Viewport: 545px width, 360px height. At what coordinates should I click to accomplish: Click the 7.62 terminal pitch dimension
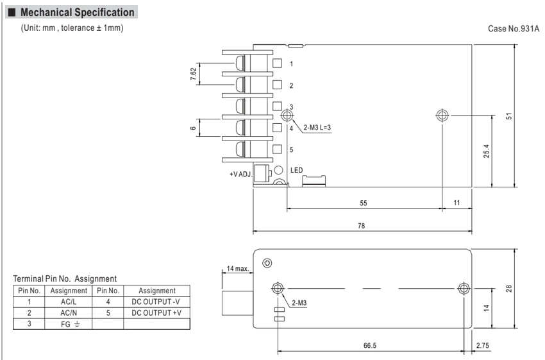[x=194, y=74]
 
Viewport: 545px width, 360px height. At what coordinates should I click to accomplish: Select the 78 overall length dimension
[x=362, y=226]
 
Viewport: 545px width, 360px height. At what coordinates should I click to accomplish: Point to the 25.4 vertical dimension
[x=486, y=151]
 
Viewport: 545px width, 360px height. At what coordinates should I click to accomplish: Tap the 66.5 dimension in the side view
[x=370, y=345]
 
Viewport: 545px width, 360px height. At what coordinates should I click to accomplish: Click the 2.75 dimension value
[x=482, y=345]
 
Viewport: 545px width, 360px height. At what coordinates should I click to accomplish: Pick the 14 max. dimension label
[x=238, y=268]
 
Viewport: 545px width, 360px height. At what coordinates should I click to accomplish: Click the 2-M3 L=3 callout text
[x=317, y=128]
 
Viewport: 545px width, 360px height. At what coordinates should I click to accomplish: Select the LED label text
[x=296, y=170]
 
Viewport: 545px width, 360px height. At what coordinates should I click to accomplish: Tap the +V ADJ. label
[x=240, y=174]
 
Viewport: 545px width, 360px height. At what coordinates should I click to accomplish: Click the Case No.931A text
[x=514, y=28]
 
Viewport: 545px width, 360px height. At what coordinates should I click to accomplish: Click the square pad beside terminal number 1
[x=277, y=63]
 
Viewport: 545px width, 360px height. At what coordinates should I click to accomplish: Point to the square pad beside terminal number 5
[x=277, y=149]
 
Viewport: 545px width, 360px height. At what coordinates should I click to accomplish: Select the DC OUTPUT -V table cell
[x=156, y=302]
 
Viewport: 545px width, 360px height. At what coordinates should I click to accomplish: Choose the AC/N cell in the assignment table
[x=69, y=313]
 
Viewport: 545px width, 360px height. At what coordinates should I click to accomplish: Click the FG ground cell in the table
[x=69, y=324]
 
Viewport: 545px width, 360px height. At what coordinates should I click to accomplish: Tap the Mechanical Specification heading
[x=77, y=13]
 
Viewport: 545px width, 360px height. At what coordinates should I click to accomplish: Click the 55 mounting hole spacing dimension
[x=363, y=203]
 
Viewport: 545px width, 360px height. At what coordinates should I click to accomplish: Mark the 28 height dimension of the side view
[x=509, y=288]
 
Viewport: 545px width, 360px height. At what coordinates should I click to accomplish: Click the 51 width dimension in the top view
[x=509, y=116]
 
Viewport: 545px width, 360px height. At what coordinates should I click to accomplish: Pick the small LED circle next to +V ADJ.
[x=278, y=170]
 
